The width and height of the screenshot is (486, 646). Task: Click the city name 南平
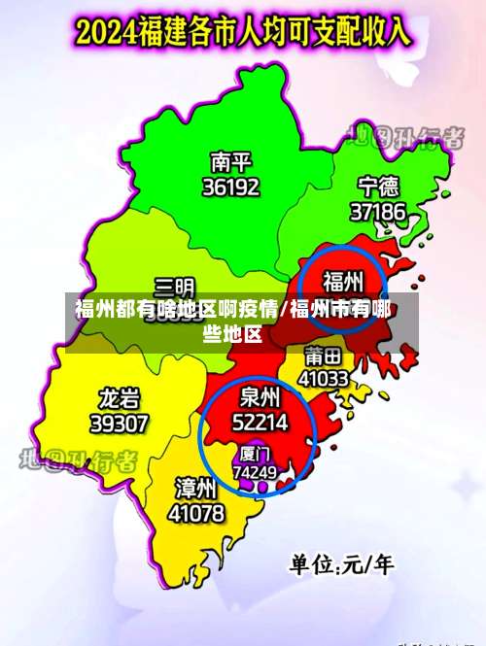coord(230,160)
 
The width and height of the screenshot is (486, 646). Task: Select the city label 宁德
coord(378,186)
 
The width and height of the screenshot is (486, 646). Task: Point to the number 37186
coord(378,210)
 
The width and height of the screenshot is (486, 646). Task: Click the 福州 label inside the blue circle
coord(343,282)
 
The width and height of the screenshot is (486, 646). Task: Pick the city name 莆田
coord(323,355)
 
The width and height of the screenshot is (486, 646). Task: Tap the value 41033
coord(323,378)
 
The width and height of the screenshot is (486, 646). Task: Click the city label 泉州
coord(260,396)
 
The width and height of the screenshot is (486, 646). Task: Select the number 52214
coord(260,422)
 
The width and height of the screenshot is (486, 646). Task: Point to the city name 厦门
coord(255,454)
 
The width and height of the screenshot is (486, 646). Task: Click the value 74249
coord(255,472)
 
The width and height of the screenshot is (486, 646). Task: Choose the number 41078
coord(196,511)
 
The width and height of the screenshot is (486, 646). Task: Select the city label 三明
coord(174,287)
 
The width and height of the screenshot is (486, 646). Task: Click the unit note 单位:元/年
coord(340,564)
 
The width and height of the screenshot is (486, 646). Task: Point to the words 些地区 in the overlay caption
coord(232,335)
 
